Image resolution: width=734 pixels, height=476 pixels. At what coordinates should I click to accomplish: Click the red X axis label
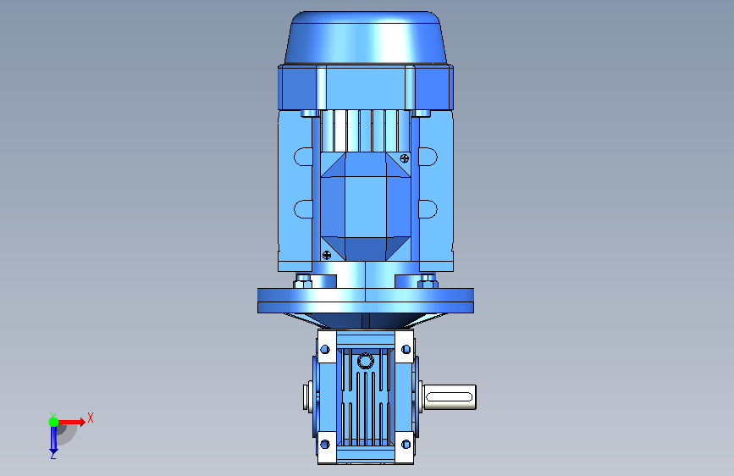click(x=91, y=418)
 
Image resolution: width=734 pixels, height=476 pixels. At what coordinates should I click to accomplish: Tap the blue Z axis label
click(x=53, y=455)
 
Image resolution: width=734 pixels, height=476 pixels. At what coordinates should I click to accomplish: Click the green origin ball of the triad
click(x=54, y=422)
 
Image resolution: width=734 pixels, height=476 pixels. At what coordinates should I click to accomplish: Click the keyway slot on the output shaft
click(x=450, y=397)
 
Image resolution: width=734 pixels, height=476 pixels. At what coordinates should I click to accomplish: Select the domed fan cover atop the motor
click(x=366, y=38)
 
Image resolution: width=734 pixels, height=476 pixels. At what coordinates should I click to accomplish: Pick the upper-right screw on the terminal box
click(x=405, y=159)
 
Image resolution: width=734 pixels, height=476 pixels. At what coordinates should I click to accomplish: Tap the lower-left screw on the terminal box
click(x=327, y=255)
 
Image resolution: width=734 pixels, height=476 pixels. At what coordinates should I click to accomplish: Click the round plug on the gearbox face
click(x=365, y=361)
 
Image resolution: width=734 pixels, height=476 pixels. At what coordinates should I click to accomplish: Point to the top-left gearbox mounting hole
click(x=325, y=350)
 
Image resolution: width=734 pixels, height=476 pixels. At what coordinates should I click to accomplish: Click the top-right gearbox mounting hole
click(x=406, y=349)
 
